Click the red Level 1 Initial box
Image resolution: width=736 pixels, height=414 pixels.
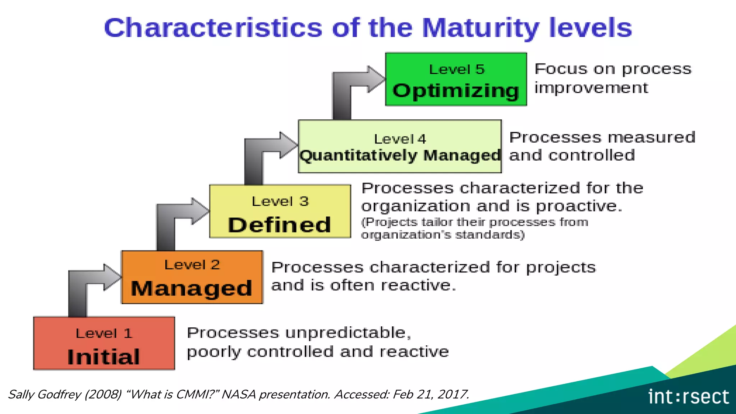[104, 343]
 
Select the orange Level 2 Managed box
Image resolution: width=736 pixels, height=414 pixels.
[192, 277]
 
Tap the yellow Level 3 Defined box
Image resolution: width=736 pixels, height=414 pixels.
[280, 211]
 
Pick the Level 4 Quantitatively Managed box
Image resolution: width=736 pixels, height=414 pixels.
[400, 146]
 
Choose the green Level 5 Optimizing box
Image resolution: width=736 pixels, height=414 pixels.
[456, 79]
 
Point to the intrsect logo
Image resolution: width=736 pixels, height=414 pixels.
[688, 397]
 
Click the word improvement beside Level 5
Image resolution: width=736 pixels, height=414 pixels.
[591, 88]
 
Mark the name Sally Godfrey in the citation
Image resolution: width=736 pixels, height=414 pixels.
[45, 394]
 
